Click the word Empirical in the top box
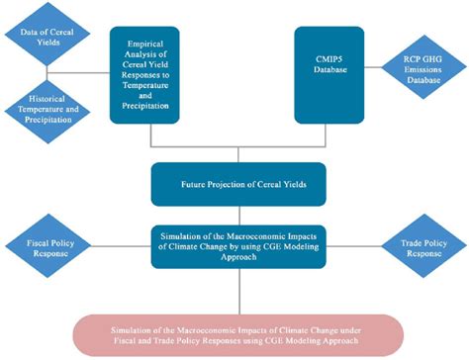[x=150, y=40]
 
